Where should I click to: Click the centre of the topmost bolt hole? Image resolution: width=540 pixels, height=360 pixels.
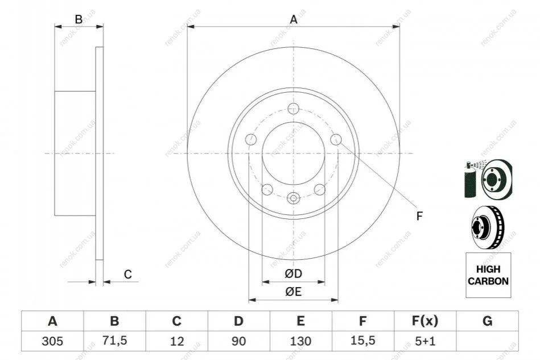[x=293, y=109]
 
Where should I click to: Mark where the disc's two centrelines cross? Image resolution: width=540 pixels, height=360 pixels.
[x=294, y=153]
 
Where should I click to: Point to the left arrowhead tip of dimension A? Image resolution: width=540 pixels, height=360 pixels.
[x=187, y=27]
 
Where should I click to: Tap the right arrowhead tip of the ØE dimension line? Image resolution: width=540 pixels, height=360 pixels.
[x=338, y=300]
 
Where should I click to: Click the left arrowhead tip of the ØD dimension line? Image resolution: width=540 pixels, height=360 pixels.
[x=262, y=282]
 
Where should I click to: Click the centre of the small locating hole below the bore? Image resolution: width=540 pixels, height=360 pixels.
[x=294, y=198]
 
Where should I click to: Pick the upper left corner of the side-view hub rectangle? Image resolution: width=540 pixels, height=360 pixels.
[x=55, y=91]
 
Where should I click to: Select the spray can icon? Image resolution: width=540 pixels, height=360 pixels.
[x=470, y=179]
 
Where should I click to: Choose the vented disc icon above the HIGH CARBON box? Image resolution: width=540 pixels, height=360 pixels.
[x=487, y=227]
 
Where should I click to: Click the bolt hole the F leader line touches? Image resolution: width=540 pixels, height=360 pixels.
[x=336, y=139]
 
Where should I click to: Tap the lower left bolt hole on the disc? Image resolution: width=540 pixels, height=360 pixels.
[x=267, y=189]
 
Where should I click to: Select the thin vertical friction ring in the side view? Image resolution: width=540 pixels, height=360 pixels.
[x=99, y=153]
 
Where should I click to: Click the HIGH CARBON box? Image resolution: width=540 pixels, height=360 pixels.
[x=488, y=275]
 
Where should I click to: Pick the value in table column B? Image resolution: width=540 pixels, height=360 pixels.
[x=115, y=341]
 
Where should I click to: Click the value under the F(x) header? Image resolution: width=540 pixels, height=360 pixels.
[x=425, y=341]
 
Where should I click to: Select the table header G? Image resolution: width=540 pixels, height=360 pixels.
[x=487, y=321]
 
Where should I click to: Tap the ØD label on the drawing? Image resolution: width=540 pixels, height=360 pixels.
[x=294, y=274]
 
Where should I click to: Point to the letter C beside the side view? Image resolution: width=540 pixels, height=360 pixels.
[x=128, y=274]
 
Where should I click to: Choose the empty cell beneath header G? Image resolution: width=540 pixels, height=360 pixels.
[x=487, y=341]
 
